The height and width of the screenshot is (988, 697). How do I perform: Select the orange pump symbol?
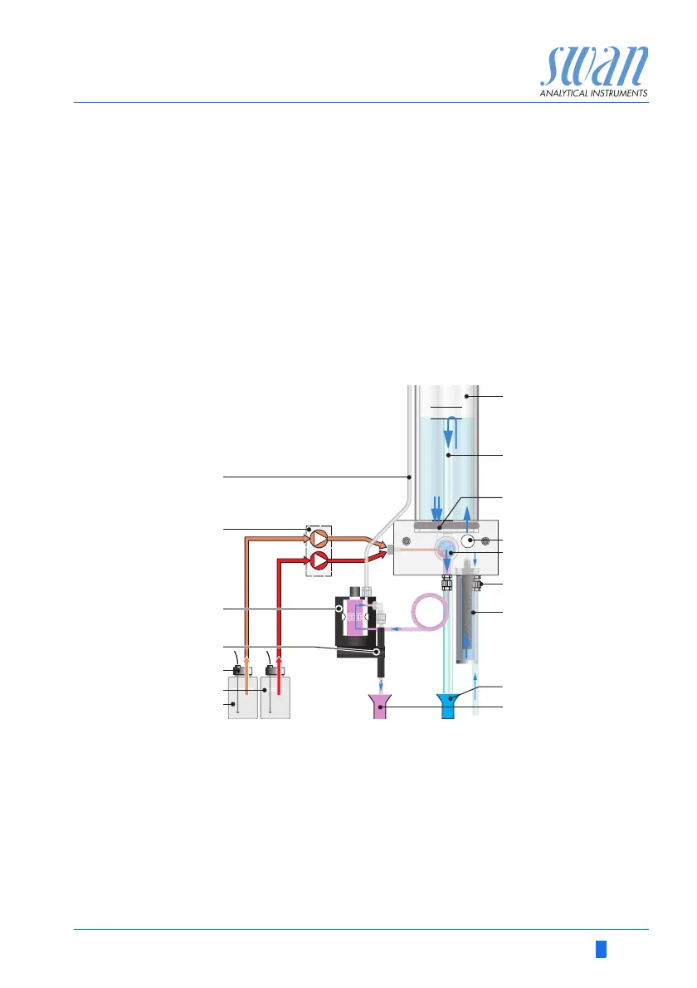coord(319,540)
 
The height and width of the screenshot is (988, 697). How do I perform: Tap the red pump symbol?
coord(319,562)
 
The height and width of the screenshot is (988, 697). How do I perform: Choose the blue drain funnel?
coord(450,707)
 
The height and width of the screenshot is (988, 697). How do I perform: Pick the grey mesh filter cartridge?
coord(470,619)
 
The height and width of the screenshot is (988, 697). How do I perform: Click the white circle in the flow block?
coord(469,541)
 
